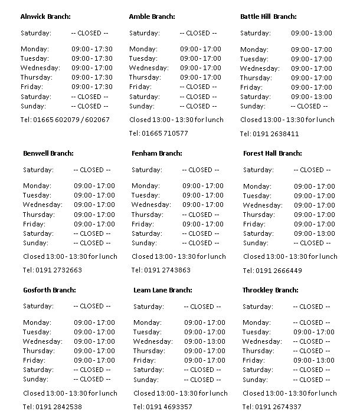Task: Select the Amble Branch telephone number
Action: [158, 133]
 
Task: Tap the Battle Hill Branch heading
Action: [268, 17]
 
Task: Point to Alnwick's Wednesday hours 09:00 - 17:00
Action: [91, 68]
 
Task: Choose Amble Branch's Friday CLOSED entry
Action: [198, 87]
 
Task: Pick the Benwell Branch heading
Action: [48, 153]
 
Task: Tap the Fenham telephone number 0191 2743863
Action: [161, 270]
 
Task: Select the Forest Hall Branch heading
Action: [272, 153]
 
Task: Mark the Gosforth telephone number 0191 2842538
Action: [52, 407]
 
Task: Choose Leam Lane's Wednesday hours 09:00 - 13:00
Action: [204, 341]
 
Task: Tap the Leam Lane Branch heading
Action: [163, 290]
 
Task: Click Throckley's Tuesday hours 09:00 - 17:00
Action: [314, 332]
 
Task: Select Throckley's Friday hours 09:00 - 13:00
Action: [314, 360]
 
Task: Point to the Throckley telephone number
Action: [271, 407]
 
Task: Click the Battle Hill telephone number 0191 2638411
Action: [269, 134]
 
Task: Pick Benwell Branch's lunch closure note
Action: [70, 256]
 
